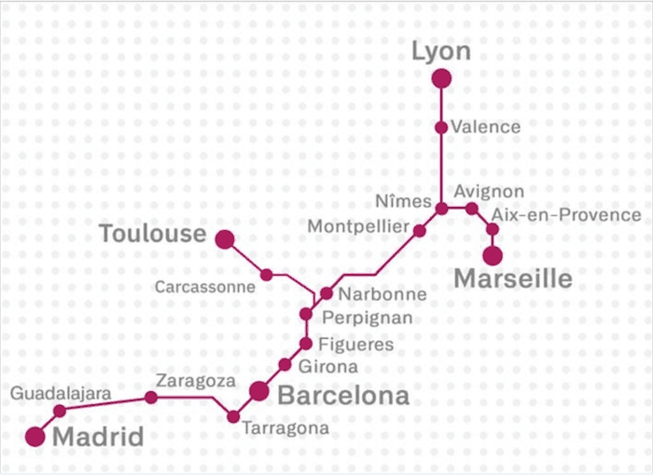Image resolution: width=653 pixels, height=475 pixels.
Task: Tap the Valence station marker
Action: coord(441,127)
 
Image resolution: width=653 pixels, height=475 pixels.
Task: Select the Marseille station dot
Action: coord(493,255)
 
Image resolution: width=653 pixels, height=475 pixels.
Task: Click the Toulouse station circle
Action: coord(225,239)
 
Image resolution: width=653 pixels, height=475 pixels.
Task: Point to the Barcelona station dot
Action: coord(259,390)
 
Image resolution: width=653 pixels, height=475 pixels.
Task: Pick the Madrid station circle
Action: coord(35,436)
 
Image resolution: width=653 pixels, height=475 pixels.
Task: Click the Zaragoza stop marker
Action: coord(151,397)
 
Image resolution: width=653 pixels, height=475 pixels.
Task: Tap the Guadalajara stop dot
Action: coord(60,411)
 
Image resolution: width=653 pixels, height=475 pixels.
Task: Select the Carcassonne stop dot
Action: coord(267,274)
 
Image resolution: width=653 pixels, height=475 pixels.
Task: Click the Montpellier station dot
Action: coord(420,230)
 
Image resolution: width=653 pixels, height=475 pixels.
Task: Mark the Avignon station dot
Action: coord(472,209)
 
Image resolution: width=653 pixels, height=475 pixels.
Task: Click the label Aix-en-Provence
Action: coord(566,215)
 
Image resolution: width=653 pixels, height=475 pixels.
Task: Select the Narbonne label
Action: coord(382,294)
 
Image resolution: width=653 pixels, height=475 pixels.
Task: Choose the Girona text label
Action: coord(327,367)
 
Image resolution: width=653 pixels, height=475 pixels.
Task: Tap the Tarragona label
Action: coord(285,428)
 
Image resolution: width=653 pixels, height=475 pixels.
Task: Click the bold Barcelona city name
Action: coord(343,396)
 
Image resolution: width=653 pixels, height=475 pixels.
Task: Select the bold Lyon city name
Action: coord(441,52)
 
